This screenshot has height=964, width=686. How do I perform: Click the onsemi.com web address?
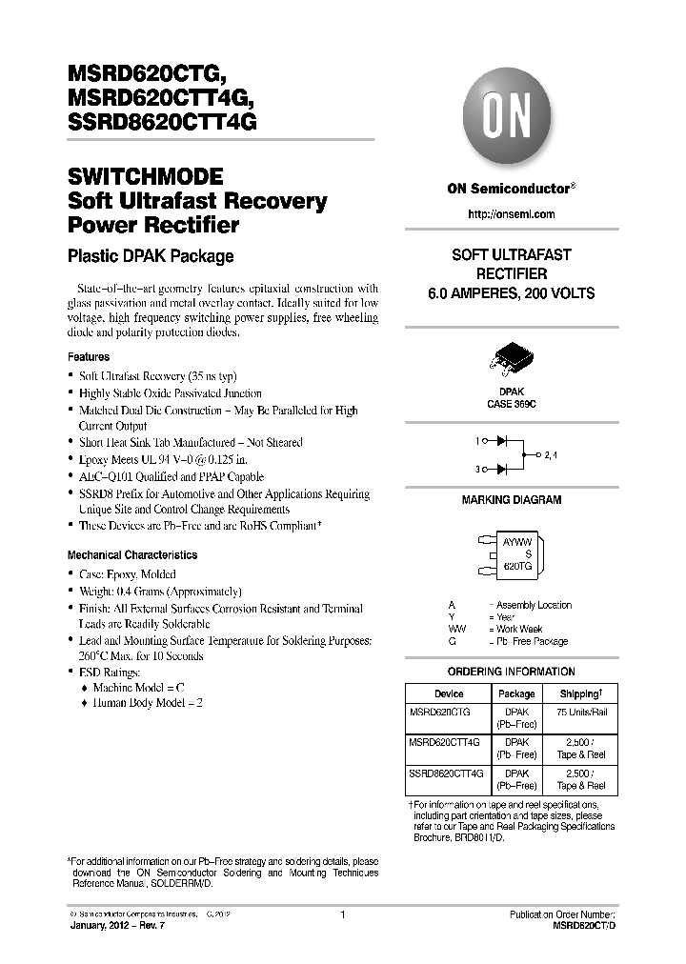click(x=511, y=214)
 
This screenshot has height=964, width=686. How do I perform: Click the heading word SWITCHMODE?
click(x=146, y=177)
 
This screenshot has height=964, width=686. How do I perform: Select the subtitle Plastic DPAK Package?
click(x=151, y=256)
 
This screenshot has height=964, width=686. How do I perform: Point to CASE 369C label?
click(x=511, y=404)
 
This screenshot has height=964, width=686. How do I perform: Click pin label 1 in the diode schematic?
click(x=477, y=442)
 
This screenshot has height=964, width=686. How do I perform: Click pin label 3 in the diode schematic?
click(x=477, y=469)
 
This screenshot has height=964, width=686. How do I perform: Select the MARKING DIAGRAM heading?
click(x=511, y=500)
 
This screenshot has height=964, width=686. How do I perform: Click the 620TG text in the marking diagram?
click(x=517, y=566)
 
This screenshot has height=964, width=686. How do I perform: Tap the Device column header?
click(x=449, y=694)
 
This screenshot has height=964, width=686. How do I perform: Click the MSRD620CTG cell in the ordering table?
click(x=439, y=711)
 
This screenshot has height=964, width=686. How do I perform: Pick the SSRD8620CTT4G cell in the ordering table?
click(x=446, y=773)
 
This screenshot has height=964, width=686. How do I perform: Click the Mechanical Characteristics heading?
click(x=132, y=555)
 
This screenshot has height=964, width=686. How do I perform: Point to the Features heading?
click(x=89, y=357)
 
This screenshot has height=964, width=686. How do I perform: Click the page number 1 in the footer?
click(x=342, y=915)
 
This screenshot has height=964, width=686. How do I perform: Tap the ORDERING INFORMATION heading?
click(x=511, y=672)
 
